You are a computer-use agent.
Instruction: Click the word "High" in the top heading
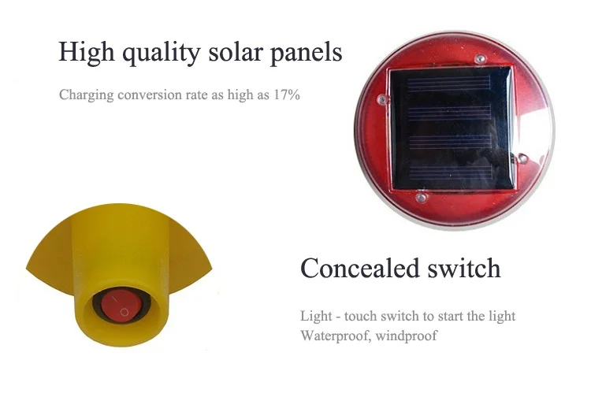click(x=85, y=52)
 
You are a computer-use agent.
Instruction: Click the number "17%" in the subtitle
click(x=286, y=95)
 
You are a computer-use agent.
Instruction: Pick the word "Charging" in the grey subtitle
click(x=84, y=96)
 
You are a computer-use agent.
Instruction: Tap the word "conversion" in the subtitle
click(x=143, y=95)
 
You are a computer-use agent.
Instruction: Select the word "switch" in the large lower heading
click(x=464, y=268)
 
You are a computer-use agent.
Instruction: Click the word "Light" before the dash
click(x=315, y=317)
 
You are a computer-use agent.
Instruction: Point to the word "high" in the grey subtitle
click(x=250, y=96)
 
